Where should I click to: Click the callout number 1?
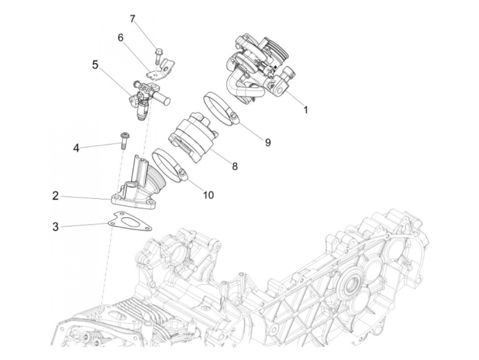(306, 110)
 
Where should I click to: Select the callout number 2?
(55, 196)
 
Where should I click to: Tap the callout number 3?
(55, 227)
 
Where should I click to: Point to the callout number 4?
(76, 148)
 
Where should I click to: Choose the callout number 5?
(95, 65)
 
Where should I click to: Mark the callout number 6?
(120, 38)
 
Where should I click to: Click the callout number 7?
(132, 19)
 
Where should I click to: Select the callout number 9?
(268, 142)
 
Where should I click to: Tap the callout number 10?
(208, 195)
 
